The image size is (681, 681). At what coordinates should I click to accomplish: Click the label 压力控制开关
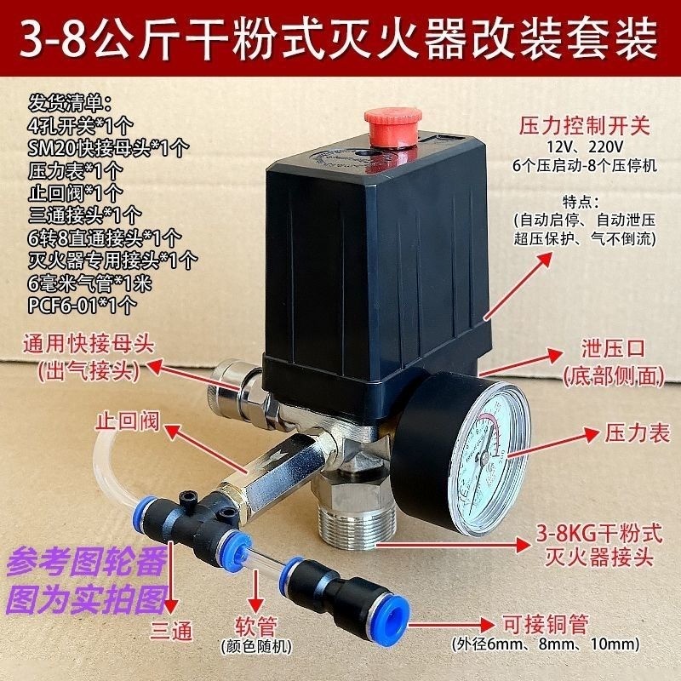coord(584,129)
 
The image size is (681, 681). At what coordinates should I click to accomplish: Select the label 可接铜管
coord(549,623)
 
